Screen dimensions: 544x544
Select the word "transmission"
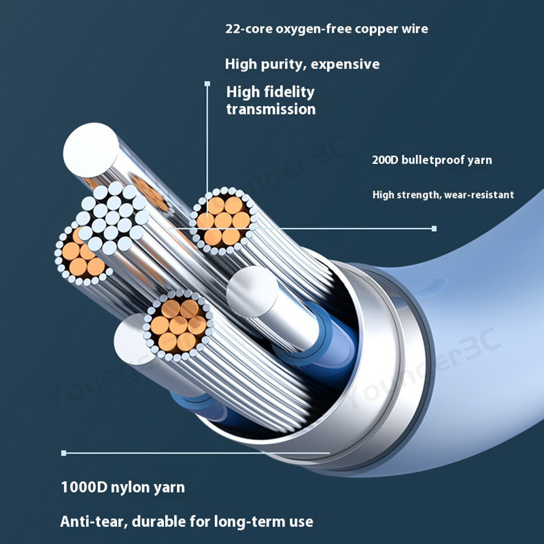(x=271, y=109)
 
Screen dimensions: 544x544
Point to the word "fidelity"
(x=289, y=92)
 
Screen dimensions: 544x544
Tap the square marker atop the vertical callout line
(x=207, y=84)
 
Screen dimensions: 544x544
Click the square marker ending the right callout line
(x=434, y=228)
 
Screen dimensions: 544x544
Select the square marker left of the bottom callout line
(x=64, y=452)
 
